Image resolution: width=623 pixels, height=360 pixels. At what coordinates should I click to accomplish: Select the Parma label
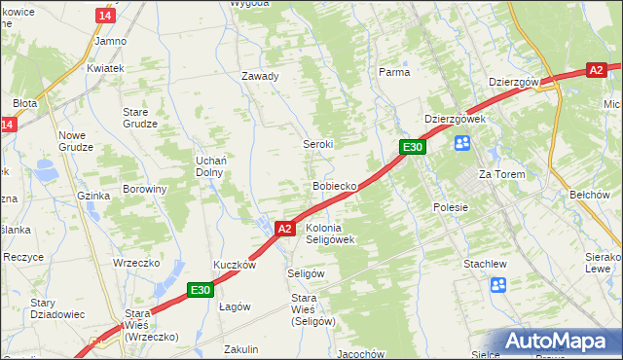coord(393,72)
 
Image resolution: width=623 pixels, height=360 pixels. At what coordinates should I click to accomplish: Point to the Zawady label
coord(260,76)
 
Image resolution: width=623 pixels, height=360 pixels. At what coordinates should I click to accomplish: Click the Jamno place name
coord(110,42)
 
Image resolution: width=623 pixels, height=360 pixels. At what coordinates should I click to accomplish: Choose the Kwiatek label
coord(105,69)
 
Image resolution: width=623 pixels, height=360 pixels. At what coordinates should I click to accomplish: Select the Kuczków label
coord(235,265)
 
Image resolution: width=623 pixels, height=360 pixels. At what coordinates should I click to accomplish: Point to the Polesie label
coord(451,207)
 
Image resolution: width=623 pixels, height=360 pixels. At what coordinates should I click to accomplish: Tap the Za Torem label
coord(501,174)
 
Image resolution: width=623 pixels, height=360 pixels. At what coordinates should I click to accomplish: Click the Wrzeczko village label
coord(135,263)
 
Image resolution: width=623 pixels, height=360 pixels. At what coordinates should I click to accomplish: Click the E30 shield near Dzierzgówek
coord(413,147)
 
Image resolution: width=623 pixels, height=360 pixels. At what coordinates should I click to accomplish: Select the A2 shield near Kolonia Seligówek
coord(283,229)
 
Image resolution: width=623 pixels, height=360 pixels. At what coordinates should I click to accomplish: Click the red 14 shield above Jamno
coord(105,16)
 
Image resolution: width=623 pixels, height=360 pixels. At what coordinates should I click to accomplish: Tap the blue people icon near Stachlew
coord(498,285)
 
